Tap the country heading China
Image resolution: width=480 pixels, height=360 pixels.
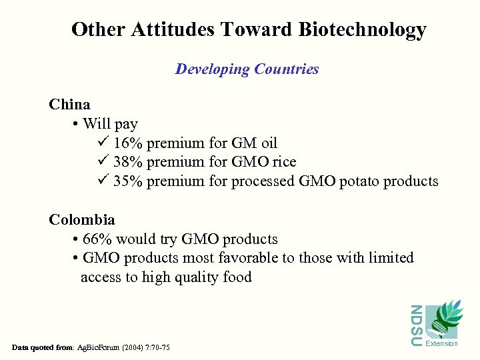(x=69, y=105)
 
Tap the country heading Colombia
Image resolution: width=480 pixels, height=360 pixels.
(x=82, y=220)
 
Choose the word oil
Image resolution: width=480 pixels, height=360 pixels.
(x=268, y=143)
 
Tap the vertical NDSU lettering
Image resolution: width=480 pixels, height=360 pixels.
(x=415, y=325)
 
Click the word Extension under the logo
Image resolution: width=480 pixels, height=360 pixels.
(x=441, y=344)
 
